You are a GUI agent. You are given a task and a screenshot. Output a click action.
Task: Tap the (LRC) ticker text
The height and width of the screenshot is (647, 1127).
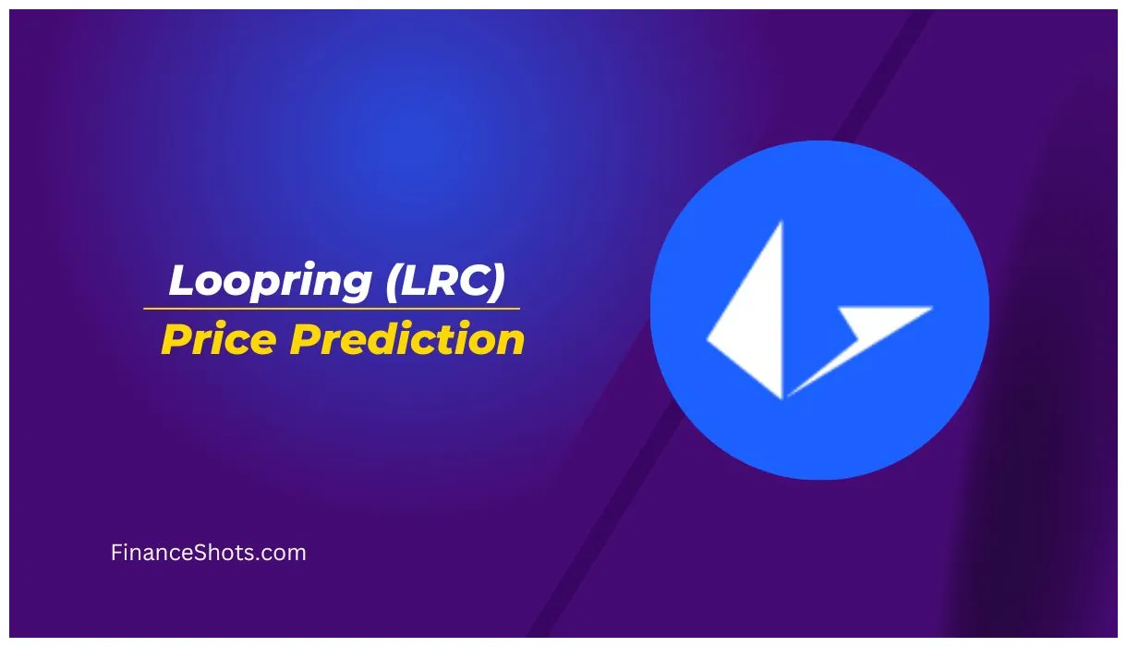[445, 281]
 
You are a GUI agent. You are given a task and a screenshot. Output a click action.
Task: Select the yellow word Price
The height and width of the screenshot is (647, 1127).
[218, 339]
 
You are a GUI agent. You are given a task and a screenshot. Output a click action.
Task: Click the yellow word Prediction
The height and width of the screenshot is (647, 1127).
[407, 339]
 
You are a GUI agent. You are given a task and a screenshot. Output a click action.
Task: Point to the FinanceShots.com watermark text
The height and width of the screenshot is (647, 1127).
[208, 553]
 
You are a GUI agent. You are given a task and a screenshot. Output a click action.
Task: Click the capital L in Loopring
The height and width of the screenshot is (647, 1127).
[182, 281]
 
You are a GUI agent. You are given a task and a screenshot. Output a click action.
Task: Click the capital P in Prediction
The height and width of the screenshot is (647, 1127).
[304, 339]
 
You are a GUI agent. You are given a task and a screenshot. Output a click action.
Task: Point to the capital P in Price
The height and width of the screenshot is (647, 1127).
[175, 339]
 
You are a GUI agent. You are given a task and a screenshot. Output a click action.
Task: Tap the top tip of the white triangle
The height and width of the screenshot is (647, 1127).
[781, 224]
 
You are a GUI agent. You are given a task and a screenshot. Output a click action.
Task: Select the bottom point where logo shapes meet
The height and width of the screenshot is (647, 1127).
[784, 397]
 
